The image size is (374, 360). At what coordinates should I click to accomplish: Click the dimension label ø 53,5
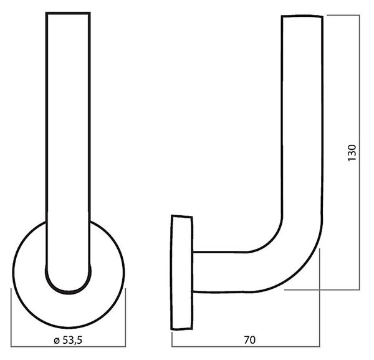pyautogui.click(x=68, y=341)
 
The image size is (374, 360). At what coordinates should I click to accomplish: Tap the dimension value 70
pyautogui.click(x=250, y=340)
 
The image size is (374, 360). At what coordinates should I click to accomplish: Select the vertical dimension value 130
pyautogui.click(x=352, y=153)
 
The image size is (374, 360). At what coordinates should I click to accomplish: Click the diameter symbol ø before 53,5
pyautogui.click(x=57, y=341)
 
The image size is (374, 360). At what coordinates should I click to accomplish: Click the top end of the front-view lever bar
pyautogui.click(x=68, y=13)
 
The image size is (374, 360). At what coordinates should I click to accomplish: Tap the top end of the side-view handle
pyautogui.click(x=302, y=16)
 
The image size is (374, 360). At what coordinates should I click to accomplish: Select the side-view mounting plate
pyautogui.click(x=182, y=273)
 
